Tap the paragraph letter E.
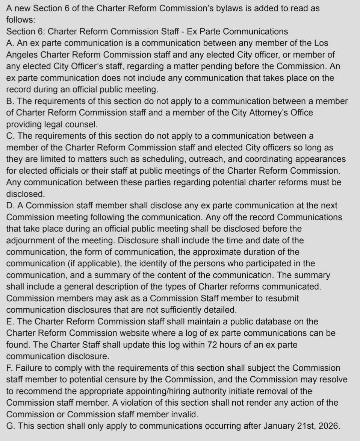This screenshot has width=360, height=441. click(x=10, y=321)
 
